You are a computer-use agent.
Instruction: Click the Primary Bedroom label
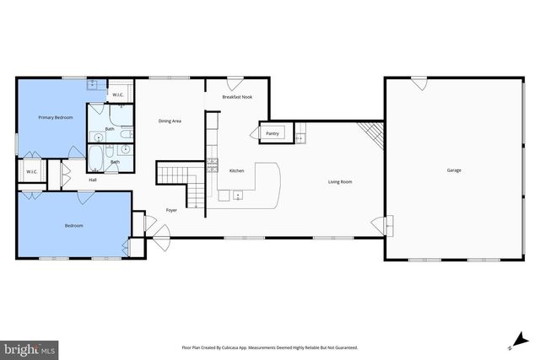point(56,117)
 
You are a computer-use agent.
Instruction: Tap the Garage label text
point(454,170)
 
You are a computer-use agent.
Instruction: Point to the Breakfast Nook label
point(237,98)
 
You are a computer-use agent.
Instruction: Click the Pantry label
point(273,133)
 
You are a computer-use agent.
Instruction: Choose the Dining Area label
point(170,121)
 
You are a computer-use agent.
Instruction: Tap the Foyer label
point(171,210)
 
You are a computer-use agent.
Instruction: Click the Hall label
point(93,180)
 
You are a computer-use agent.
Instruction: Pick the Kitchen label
point(237,171)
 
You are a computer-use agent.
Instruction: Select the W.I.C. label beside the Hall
point(32,172)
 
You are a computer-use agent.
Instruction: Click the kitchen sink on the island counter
point(238,196)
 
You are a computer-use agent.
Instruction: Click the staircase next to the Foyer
point(184,182)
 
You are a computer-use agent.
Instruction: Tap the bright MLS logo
point(30,347)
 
